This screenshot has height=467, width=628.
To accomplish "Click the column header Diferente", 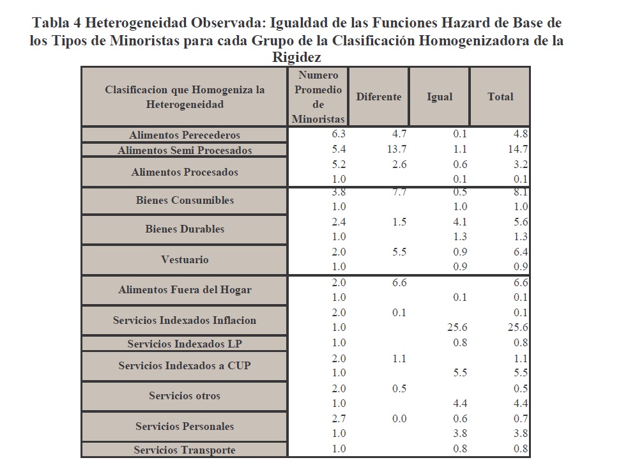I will point(379,97).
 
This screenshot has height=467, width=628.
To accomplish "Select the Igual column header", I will point(440,97).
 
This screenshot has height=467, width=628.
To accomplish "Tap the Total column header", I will point(500,97).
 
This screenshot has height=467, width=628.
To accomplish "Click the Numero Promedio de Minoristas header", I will point(318,97).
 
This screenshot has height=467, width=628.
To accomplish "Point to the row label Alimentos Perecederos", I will point(185,135).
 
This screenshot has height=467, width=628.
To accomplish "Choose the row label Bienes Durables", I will point(185,229).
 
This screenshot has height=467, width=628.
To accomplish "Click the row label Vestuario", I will point(185,260).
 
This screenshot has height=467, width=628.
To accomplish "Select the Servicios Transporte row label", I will point(185,450).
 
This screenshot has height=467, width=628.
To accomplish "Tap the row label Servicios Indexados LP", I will point(185,344).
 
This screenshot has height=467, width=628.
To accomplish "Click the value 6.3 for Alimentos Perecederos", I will point(338,134).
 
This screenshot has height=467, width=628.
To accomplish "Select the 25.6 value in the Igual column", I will point(457,328).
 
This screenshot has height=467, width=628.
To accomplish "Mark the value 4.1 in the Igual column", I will point(460,222).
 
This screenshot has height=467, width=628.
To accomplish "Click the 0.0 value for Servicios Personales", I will point(399,419).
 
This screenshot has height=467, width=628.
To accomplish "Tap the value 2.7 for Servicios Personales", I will point(338,419).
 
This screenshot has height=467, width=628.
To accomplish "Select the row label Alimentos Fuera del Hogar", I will point(185,290).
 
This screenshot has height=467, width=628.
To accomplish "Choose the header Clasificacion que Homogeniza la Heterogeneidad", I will point(185,97).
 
